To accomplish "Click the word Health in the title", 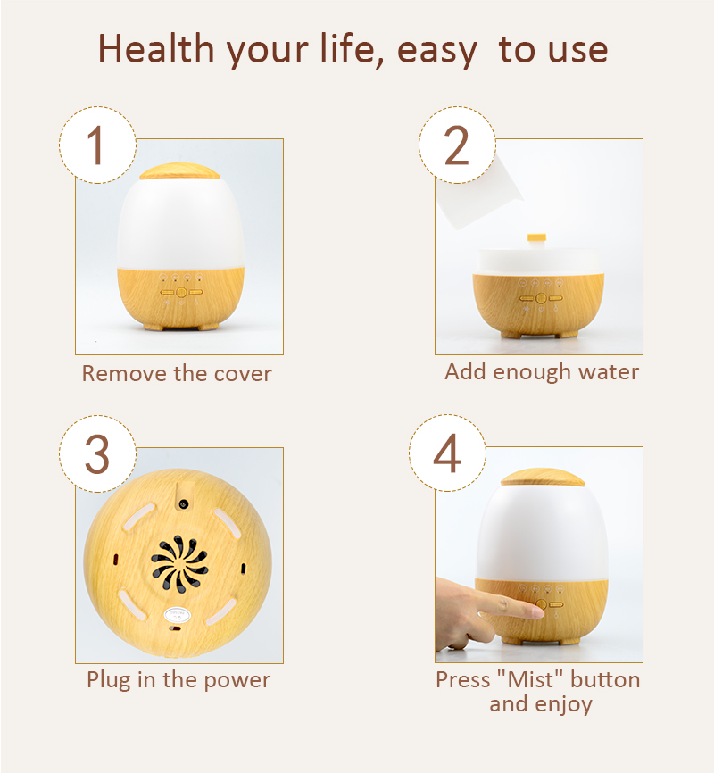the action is point(157,49).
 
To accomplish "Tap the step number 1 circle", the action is point(97,145).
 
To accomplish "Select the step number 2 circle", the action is point(457,145).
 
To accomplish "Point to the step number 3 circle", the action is point(97,453).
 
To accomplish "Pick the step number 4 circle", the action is point(447,453).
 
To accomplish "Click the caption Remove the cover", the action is point(177,373).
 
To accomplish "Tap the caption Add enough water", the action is point(542,372).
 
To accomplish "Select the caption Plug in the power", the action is point(178,680).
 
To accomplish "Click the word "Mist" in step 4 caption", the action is point(530,679).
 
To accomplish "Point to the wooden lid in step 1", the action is point(179,171).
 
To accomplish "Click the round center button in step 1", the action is point(181,293).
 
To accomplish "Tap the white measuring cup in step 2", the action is point(477,191).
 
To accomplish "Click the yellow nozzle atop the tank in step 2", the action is point(536,238).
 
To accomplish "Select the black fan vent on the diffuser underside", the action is point(179,563).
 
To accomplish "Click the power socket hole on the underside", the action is point(184,503).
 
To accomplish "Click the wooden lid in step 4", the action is point(543,478).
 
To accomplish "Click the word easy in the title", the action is point(437,50).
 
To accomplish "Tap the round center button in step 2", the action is point(541,298).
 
